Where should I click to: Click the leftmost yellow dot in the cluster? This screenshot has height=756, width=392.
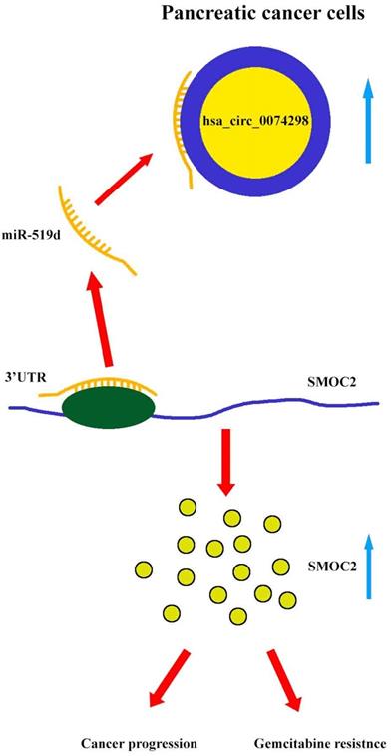click(142, 568)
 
